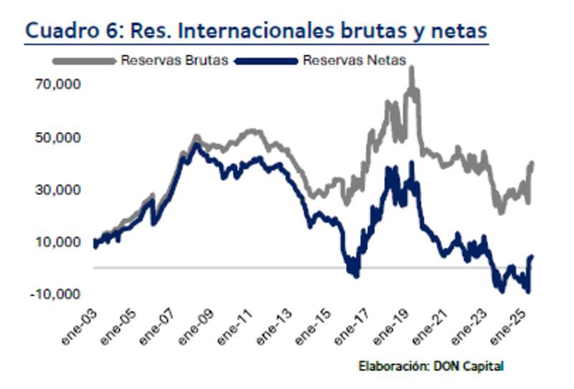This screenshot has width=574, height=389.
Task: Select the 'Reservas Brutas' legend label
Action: (174, 60)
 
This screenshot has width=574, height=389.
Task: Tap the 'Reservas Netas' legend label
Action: (353, 60)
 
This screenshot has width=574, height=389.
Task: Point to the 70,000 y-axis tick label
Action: (57, 85)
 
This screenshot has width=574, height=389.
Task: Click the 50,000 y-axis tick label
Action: (57, 137)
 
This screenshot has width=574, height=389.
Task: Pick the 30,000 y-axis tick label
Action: (57, 190)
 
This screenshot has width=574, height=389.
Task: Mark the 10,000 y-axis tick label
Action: (57, 242)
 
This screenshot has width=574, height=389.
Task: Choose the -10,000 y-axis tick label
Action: (54, 294)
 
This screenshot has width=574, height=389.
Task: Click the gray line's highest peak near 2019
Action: (412, 69)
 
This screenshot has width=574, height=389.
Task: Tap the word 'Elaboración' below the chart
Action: (394, 366)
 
